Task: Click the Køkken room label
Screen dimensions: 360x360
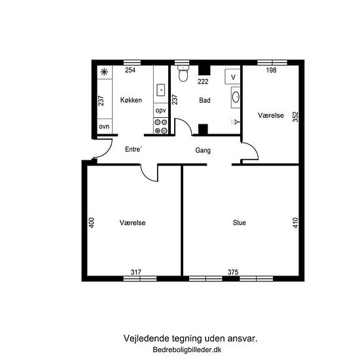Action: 131,100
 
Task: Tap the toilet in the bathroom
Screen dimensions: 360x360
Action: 183,73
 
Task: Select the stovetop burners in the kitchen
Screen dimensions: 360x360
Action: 161,126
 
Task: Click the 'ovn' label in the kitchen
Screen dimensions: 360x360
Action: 104,126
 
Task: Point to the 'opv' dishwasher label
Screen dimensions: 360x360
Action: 160,111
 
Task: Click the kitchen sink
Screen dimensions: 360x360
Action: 161,90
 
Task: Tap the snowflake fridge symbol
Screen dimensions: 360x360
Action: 105,72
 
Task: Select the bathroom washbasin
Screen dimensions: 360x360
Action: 236,97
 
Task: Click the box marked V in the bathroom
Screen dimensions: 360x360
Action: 232,77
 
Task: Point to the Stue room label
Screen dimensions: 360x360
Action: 239,223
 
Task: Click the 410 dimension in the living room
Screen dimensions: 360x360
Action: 295,223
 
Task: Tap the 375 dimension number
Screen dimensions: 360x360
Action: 233,272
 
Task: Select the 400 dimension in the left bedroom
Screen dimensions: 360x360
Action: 92,223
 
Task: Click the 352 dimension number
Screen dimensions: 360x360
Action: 295,117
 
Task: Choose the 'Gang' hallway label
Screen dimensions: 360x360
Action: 203,151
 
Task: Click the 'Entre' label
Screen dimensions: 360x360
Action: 134,149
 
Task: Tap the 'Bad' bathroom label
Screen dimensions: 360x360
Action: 205,100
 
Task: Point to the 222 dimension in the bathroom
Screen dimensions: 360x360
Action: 203,81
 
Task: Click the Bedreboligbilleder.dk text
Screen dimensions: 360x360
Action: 187,350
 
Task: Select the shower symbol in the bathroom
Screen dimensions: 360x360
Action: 236,122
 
